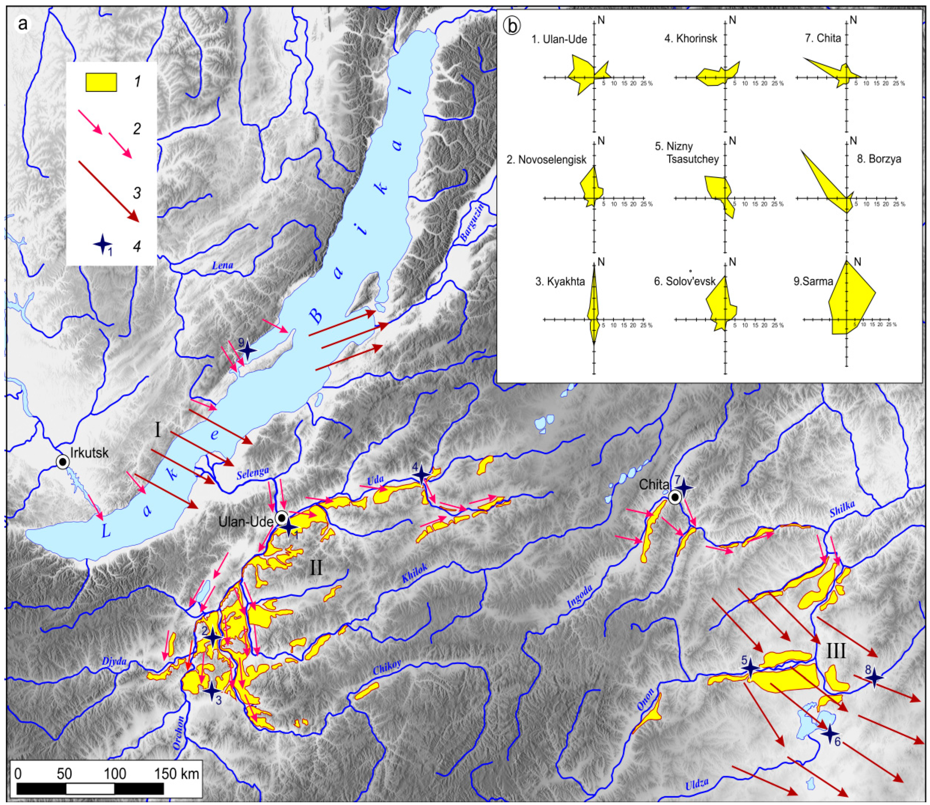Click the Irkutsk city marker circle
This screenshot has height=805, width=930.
[63, 462]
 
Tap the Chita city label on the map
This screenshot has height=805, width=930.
[654, 484]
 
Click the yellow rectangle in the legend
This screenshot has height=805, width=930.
[101, 82]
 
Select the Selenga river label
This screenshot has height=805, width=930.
[253, 473]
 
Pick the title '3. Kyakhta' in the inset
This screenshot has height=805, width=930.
[560, 282]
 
